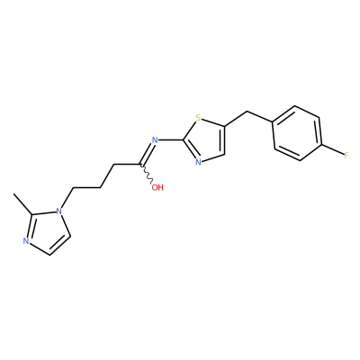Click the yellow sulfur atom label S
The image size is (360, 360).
coord(198,117)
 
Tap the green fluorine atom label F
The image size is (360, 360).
coord(346,156)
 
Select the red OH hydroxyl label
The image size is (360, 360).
coord(157,188)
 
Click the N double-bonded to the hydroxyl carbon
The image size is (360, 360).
coord(155,139)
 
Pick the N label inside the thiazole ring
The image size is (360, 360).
coord(198,162)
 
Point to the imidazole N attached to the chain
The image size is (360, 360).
coord(59,211)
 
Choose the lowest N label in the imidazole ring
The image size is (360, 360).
coord(26,241)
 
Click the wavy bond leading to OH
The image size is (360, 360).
coord(147,174)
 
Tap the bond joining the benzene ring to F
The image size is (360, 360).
coord(332,150)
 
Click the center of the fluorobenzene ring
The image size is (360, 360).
coord(297,133)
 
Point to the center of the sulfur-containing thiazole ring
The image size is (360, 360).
coord(206,139)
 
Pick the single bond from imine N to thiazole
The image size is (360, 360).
coord(170,139)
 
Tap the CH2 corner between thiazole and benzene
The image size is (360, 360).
coord(247,112)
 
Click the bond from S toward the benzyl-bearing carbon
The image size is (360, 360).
coord(213,121)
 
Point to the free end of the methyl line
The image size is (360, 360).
coord(13,194)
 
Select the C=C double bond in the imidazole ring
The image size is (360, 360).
coord(59,245)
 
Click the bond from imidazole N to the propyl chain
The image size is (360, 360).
coord(67,198)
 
